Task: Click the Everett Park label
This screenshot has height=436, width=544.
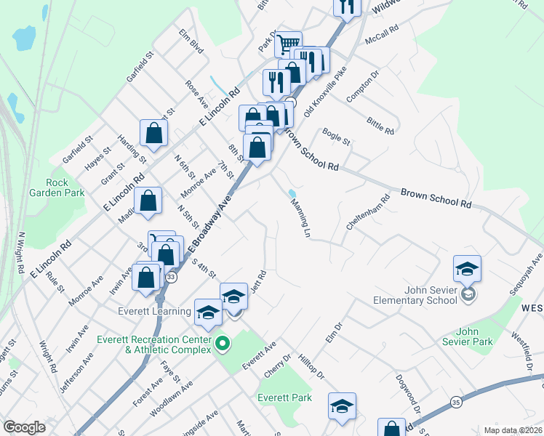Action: coord(284,397)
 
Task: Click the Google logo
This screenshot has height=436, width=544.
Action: coord(24,427)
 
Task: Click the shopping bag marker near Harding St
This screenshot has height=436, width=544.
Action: coord(154,133)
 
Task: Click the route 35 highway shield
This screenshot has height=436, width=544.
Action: coord(456,401)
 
